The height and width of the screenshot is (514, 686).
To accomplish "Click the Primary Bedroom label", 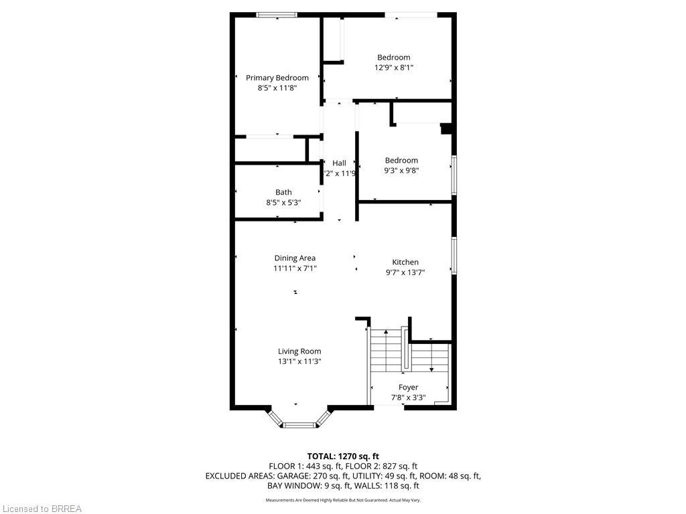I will [277, 78].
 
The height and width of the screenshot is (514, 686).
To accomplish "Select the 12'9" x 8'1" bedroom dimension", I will [393, 67].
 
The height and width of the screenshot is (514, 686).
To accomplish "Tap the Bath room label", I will [283, 192].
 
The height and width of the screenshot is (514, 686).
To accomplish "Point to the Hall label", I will [339, 163].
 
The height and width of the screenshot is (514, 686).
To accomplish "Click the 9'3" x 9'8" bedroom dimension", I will [401, 170].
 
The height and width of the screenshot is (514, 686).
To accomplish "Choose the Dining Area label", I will [295, 258].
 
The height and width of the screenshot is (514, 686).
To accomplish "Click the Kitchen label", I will [405, 262].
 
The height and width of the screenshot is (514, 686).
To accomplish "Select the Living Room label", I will [299, 351].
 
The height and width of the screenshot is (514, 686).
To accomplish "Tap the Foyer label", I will [408, 387].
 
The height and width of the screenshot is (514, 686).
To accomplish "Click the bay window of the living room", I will [299, 423].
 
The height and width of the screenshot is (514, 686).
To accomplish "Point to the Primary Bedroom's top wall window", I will [277, 15].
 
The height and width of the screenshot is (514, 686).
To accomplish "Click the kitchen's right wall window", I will [454, 256].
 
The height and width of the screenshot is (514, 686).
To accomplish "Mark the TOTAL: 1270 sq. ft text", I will [343, 456].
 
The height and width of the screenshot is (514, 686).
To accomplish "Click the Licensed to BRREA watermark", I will [42, 509].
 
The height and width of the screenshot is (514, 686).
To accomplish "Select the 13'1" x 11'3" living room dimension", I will [299, 361].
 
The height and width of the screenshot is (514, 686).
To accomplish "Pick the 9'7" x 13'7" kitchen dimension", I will [405, 272].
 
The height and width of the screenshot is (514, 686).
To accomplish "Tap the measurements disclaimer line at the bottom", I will [343, 500].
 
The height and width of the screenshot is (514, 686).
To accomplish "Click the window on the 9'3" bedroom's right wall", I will [454, 175].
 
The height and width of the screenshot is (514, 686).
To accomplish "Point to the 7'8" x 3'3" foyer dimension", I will [408, 397].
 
